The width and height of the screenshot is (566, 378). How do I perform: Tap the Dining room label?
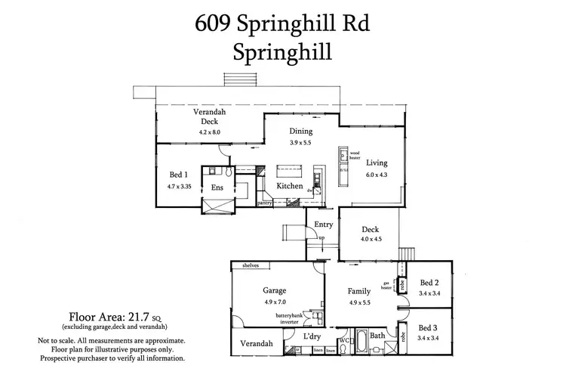300,131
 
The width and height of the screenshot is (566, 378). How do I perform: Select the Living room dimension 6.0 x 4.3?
377,175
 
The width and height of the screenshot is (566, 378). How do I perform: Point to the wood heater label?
354,154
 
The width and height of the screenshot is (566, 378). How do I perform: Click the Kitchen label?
290,186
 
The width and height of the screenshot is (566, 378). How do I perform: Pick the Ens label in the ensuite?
217,187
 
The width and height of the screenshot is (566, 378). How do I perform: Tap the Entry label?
323,225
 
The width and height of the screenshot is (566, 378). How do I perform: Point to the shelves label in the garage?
251,265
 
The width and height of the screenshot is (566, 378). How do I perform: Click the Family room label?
359,290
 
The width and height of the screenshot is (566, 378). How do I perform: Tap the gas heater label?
386,286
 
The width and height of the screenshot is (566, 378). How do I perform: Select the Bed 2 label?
429,281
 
